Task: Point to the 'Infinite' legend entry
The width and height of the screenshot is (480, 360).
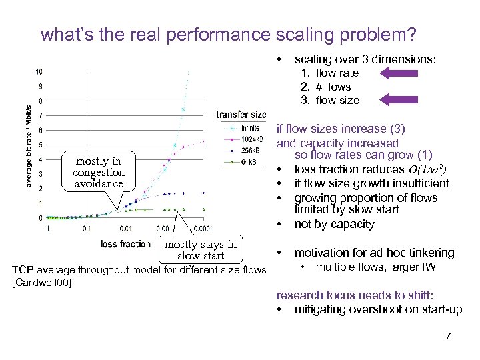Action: (x=251, y=127)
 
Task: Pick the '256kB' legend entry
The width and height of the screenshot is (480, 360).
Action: (x=251, y=151)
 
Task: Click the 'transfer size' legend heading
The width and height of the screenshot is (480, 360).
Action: (x=241, y=115)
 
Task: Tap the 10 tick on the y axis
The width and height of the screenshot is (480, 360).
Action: (x=40, y=72)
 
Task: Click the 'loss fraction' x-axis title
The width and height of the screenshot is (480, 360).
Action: (x=126, y=244)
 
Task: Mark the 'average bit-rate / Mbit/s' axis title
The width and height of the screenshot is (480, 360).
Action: (x=28, y=145)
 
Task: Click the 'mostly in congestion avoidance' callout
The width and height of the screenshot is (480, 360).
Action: (x=99, y=172)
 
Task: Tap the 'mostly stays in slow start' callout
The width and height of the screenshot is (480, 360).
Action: (x=201, y=250)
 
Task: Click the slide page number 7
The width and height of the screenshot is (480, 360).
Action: (x=449, y=335)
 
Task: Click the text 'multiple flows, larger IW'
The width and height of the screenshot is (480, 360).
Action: (x=376, y=267)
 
